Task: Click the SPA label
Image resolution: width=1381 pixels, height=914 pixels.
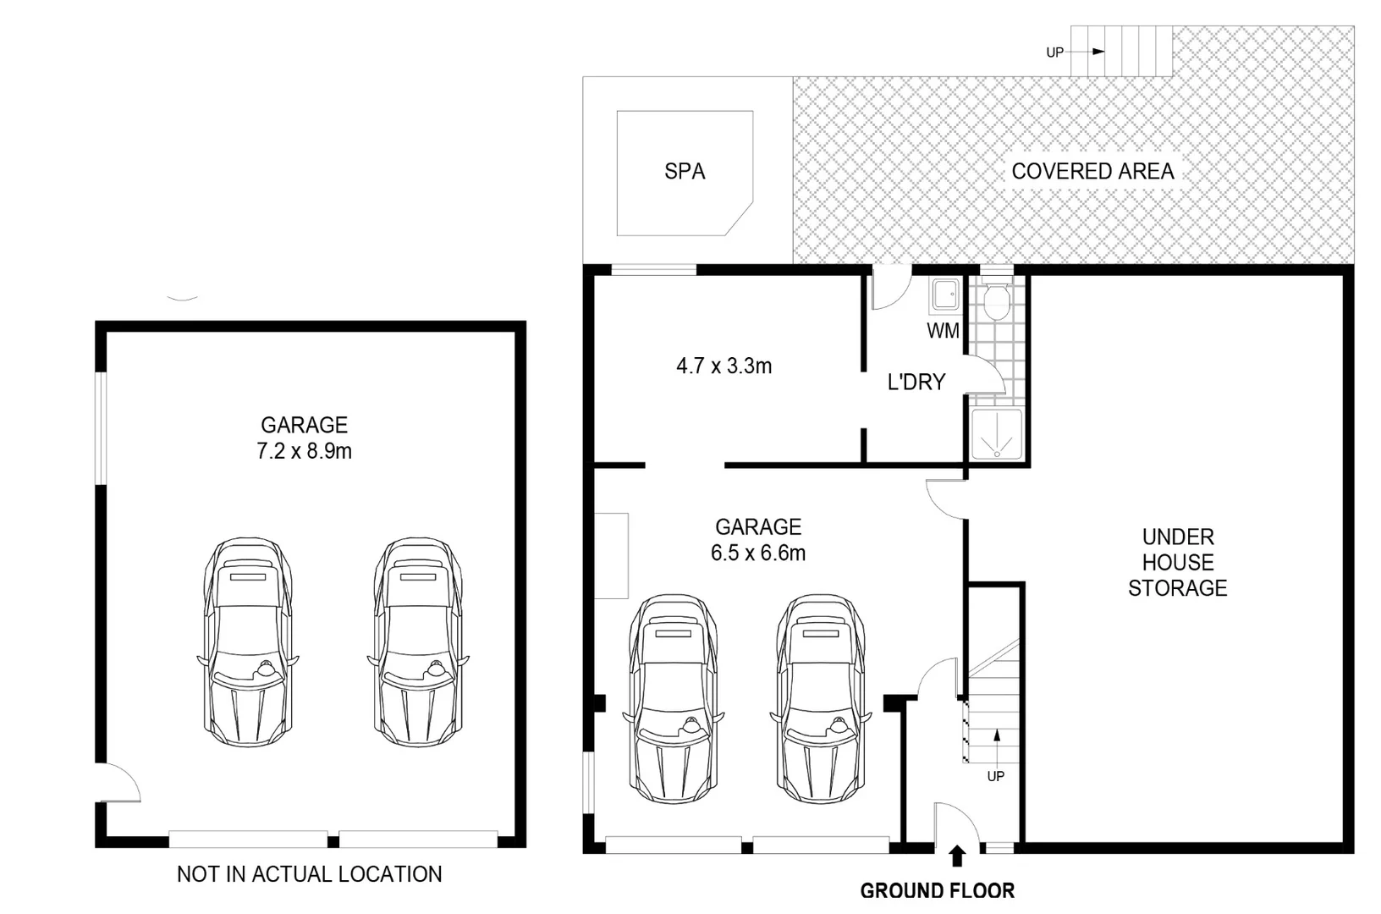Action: pyautogui.click(x=685, y=172)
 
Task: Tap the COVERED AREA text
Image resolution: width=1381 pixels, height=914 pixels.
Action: pyautogui.click(x=1092, y=172)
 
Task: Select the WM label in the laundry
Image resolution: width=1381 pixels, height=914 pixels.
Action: pyautogui.click(x=943, y=331)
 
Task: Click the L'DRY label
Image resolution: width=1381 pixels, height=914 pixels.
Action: pyautogui.click(x=916, y=383)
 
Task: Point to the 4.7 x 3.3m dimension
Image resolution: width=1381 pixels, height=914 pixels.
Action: pyautogui.click(x=724, y=366)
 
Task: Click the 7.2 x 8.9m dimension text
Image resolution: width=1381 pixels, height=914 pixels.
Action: pyautogui.click(x=304, y=451)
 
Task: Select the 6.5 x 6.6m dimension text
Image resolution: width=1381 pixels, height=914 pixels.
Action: pyautogui.click(x=758, y=553)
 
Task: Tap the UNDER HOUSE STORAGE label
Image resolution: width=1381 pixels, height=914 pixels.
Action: pyautogui.click(x=1177, y=563)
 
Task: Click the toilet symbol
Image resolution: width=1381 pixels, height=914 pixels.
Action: pyautogui.click(x=997, y=300)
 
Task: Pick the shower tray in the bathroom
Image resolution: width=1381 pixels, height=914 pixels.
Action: pyautogui.click(x=996, y=435)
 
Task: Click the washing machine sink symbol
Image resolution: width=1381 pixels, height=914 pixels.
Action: pyautogui.click(x=945, y=296)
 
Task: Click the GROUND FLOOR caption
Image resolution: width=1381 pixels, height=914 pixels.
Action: pyautogui.click(x=937, y=891)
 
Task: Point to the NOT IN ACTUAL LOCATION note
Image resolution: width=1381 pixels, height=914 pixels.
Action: pyautogui.click(x=309, y=874)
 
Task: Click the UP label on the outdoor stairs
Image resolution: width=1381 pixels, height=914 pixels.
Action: pyautogui.click(x=1054, y=52)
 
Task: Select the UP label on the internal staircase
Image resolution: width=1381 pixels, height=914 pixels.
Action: pyautogui.click(x=995, y=776)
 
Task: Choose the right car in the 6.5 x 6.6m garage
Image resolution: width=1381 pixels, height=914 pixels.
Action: pyautogui.click(x=821, y=698)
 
